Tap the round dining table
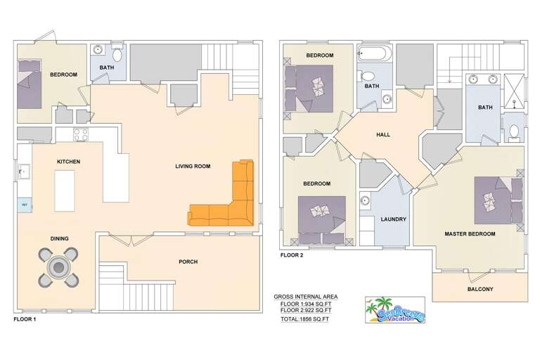(x=58, y=266)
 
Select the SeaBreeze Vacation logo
(x=394, y=309)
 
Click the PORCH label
(x=188, y=262)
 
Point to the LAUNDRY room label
(x=393, y=219)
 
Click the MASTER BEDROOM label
(x=470, y=233)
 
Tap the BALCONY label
(x=480, y=290)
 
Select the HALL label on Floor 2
(x=383, y=135)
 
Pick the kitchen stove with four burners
(x=81, y=134)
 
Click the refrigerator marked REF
(x=24, y=205)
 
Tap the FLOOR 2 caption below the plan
(x=292, y=255)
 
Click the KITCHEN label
(x=69, y=162)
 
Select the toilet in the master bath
(x=514, y=131)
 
